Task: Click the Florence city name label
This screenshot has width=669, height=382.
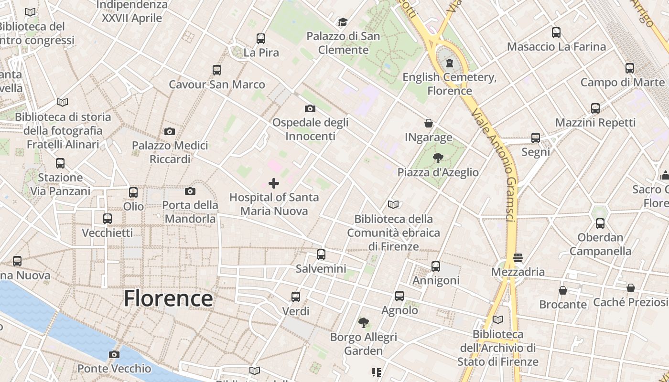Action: [168, 298]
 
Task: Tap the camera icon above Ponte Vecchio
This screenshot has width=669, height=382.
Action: [114, 354]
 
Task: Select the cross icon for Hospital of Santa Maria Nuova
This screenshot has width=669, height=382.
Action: [274, 183]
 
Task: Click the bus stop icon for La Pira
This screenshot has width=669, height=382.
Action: [261, 39]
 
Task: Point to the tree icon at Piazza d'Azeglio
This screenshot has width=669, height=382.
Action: [438, 158]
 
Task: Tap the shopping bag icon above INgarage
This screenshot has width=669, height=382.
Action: [429, 124]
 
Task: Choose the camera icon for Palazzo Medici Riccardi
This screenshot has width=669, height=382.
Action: [170, 131]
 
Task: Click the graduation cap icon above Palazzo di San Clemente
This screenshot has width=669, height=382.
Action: [343, 22]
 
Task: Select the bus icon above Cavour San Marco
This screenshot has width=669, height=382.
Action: [217, 70]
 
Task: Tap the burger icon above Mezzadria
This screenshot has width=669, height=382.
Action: [518, 258]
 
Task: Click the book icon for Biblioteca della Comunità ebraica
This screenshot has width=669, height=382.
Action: [393, 205]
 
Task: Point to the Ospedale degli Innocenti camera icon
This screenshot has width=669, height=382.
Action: [310, 109]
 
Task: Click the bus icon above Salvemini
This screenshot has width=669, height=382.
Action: [321, 255]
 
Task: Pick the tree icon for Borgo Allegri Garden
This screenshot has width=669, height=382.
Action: [364, 323]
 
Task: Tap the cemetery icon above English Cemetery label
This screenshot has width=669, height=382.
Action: [449, 63]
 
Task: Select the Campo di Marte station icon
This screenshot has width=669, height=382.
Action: [630, 68]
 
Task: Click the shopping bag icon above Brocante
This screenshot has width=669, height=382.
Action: [563, 290]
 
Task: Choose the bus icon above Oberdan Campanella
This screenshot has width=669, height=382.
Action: [600, 223]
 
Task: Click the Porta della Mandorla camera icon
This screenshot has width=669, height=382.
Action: [190, 191]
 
